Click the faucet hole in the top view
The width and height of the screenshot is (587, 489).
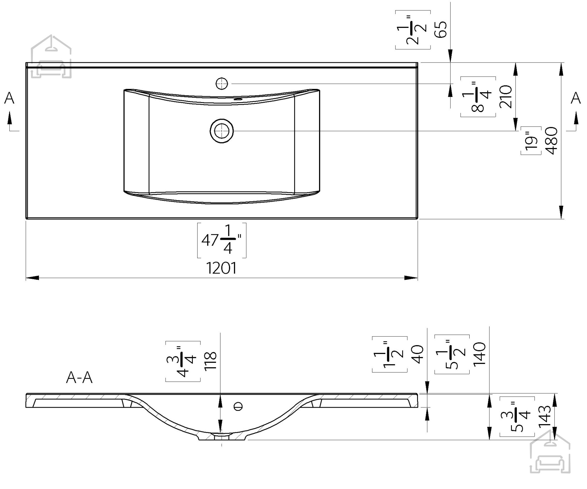[x=222, y=84]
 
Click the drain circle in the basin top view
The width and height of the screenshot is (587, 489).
[x=222, y=131]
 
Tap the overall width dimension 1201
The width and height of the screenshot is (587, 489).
[x=221, y=268]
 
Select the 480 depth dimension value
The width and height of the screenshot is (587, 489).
[x=552, y=141]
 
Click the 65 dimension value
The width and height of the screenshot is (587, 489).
[x=442, y=29]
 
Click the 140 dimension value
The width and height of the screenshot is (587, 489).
[x=479, y=353]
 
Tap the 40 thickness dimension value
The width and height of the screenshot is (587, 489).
[x=418, y=354]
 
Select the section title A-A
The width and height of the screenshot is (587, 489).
[x=79, y=378]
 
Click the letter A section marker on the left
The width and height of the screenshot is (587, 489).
[x=9, y=98]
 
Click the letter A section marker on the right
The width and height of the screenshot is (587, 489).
[x=576, y=98]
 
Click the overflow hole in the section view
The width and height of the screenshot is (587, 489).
[x=238, y=407]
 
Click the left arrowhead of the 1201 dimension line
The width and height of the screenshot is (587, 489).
[x=32, y=278]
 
